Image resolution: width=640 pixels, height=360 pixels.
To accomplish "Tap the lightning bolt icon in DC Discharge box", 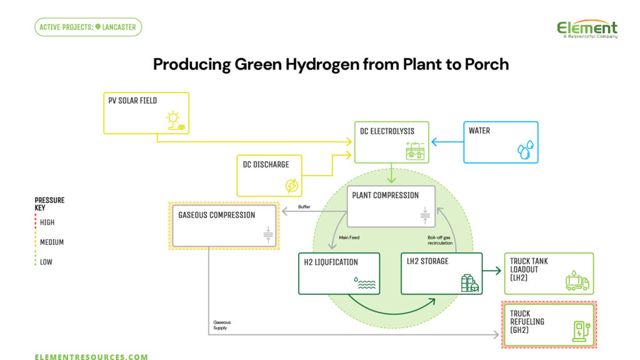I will (291, 185).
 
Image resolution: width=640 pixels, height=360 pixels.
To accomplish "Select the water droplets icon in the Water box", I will (525, 149).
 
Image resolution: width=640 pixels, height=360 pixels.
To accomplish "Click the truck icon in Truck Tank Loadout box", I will (576, 281).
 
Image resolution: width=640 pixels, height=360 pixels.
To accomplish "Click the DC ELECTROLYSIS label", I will (387, 131).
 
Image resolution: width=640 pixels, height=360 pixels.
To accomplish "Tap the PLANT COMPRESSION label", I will (385, 195).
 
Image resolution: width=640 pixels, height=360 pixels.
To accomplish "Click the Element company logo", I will (587, 29).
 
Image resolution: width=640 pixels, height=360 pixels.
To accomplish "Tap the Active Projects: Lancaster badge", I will (88, 27).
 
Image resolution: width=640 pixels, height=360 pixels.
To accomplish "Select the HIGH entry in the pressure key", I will (47, 222).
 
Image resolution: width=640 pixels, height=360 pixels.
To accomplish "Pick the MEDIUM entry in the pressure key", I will (51, 242).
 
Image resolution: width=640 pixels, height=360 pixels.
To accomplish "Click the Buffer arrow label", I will (304, 206).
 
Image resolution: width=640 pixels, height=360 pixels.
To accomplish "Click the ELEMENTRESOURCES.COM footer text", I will (91, 357).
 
